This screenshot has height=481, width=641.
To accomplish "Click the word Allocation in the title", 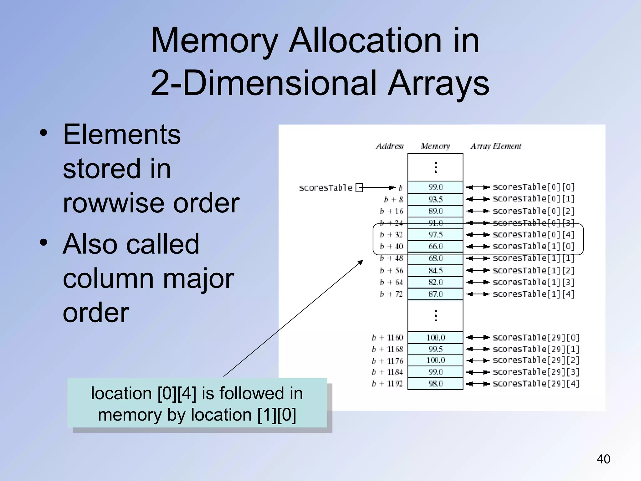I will click(365, 41).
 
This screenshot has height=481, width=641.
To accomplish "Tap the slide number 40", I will click(603, 459).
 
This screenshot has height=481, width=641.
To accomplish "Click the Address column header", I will click(390, 146).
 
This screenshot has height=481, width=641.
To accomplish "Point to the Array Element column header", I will click(496, 146).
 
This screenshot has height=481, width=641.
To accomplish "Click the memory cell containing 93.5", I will click(435, 199).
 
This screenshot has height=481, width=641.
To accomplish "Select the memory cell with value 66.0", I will click(435, 246).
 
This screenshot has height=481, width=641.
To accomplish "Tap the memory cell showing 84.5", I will click(435, 270).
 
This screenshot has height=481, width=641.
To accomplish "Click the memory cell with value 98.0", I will click(435, 384).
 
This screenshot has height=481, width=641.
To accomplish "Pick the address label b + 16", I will click(391, 211).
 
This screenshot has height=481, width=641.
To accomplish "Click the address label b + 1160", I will click(387, 338).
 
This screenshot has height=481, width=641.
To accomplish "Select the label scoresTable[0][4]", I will click(533, 235).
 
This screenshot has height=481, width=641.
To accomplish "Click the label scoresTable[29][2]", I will click(536, 360).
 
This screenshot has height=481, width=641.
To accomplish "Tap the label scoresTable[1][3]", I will click(533, 282).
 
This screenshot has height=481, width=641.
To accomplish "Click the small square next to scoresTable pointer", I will click(359, 188).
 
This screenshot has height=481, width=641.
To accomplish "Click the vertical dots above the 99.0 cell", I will click(435, 167).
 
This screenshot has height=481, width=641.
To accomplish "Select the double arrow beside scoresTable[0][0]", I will click(478, 187).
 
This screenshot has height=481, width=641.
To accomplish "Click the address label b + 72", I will click(391, 294).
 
